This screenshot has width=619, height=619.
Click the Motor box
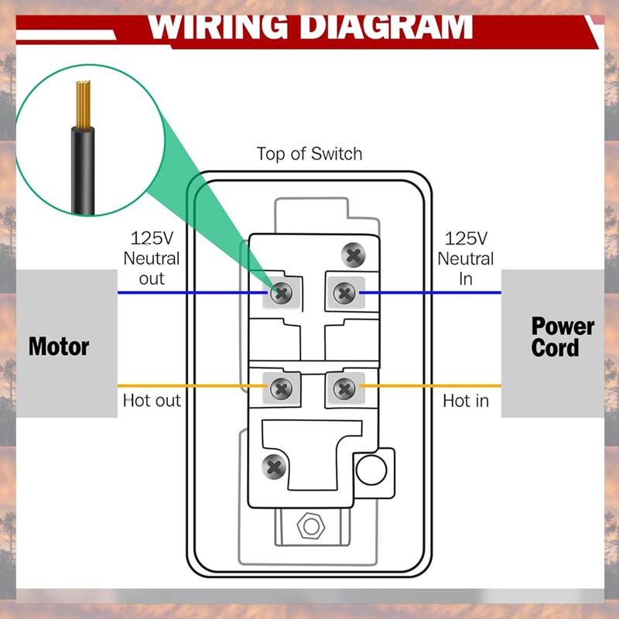pyautogui.click(x=59, y=344)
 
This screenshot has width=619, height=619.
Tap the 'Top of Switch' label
pyautogui.click(x=309, y=153)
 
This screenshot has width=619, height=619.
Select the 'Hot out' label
pyautogui.click(x=152, y=401)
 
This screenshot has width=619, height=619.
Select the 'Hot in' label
pyautogui.click(x=466, y=401)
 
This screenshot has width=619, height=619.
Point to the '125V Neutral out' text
pyautogui.click(x=152, y=258)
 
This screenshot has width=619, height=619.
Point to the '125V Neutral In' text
pyautogui.click(x=466, y=258)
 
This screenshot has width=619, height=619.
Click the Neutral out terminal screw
pyautogui.click(x=282, y=292)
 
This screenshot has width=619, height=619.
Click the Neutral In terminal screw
pyautogui.click(x=343, y=292)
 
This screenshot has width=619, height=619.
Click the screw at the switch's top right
pyautogui.click(x=354, y=254)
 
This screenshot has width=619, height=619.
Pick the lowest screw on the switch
pyautogui.click(x=274, y=466)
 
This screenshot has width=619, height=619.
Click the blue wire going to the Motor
pyautogui.click(x=193, y=292)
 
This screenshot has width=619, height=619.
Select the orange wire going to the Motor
pyautogui.click(x=193, y=385)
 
